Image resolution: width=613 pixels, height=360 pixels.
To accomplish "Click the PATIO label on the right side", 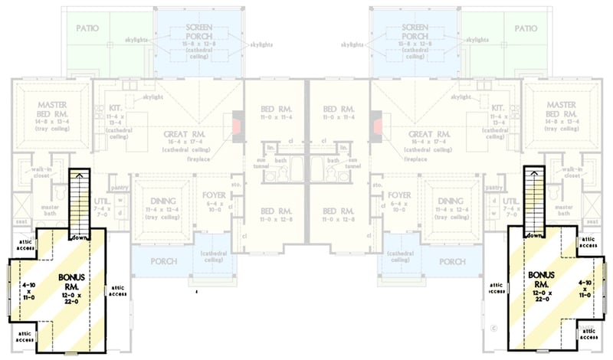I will click(526, 28).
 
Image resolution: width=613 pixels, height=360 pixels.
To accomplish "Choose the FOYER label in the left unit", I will click(215, 195).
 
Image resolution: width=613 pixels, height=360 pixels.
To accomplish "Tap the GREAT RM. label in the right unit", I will click(431, 133).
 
